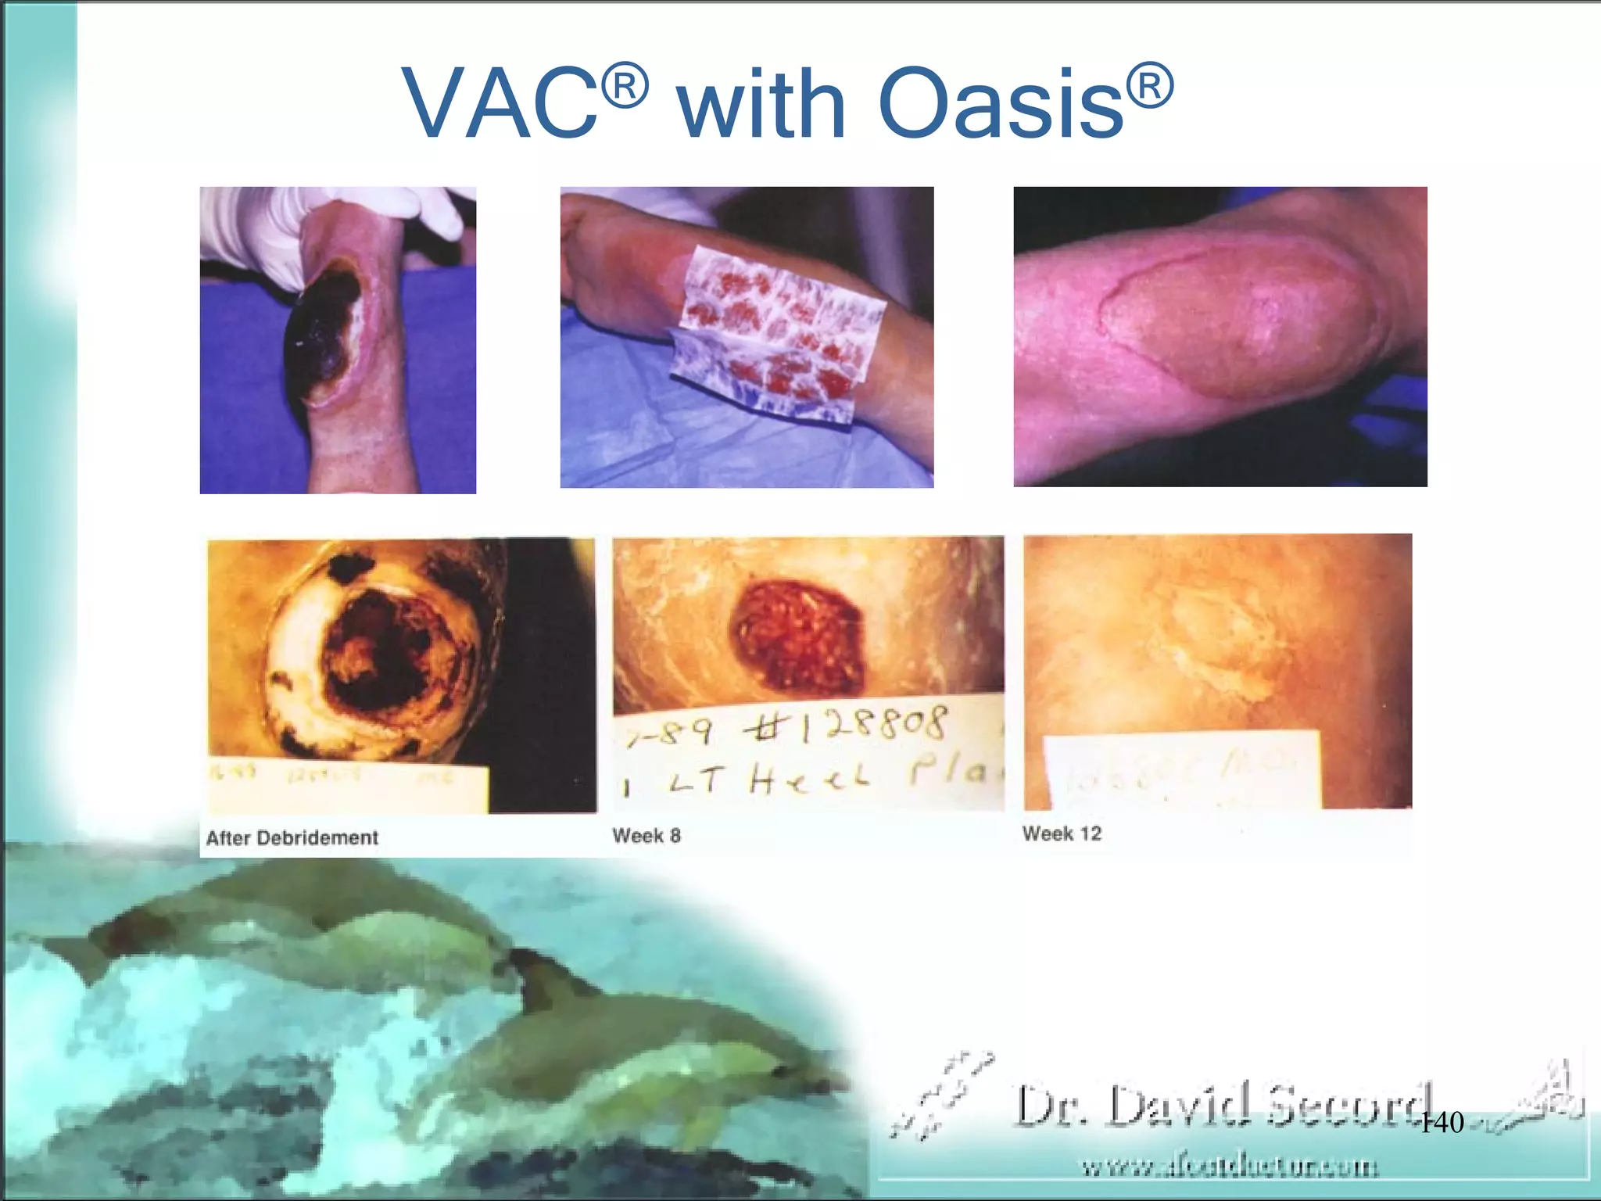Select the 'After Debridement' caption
[x=292, y=838]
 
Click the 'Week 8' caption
[x=646, y=836]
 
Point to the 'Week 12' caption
[x=1062, y=834]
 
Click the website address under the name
[x=1229, y=1167]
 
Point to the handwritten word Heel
[x=809, y=778]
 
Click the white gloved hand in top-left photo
[x=258, y=227]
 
